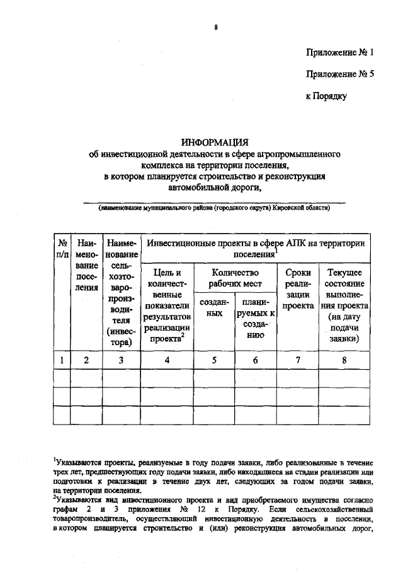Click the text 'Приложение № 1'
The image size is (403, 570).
339,52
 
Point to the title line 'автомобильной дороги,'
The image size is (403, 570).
214,186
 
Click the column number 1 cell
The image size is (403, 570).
62,360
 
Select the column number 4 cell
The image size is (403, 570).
167,360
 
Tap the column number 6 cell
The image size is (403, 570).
255,360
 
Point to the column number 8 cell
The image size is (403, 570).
344,360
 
